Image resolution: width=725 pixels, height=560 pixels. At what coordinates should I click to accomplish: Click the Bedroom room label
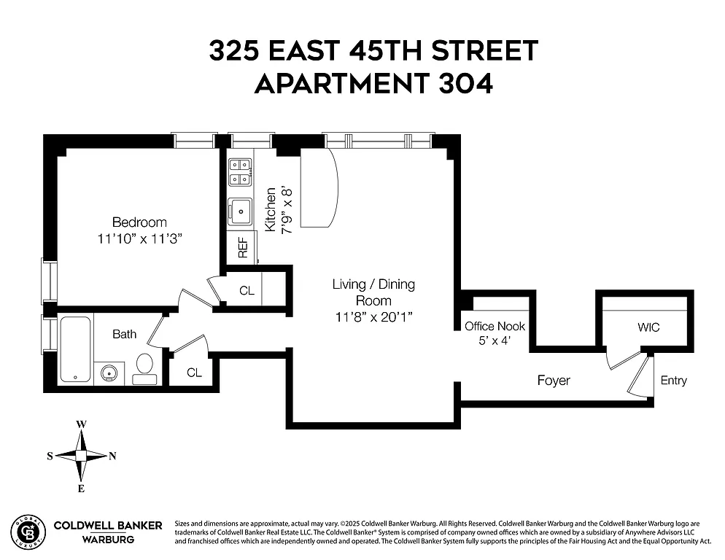(x=139, y=222)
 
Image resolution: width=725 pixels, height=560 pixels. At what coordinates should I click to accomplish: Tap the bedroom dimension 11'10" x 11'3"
(x=139, y=238)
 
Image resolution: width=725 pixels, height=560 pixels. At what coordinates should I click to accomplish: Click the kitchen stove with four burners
(x=240, y=171)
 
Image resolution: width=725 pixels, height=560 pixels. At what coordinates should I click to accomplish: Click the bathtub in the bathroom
(x=74, y=348)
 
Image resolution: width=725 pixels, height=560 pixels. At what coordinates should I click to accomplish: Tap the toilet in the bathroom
(x=144, y=366)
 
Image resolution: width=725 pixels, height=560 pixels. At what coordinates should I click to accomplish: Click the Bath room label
(x=124, y=335)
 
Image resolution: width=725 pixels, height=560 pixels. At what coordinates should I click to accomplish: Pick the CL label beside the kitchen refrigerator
(x=247, y=291)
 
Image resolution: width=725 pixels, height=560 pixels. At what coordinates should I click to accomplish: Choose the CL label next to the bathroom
(x=194, y=373)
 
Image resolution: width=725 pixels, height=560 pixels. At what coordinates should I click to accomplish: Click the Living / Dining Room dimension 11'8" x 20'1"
(x=373, y=317)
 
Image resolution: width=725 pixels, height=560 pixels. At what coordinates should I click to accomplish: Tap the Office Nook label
(x=495, y=327)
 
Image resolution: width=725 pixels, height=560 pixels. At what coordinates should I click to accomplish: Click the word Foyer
(x=554, y=381)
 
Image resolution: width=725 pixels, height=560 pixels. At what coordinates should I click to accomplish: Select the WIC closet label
(x=648, y=327)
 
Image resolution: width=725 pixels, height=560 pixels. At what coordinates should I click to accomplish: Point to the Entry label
(x=673, y=381)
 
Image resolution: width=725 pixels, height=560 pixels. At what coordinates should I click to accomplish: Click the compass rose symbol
(x=82, y=455)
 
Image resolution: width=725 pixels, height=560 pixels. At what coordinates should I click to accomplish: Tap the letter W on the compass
(x=82, y=424)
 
